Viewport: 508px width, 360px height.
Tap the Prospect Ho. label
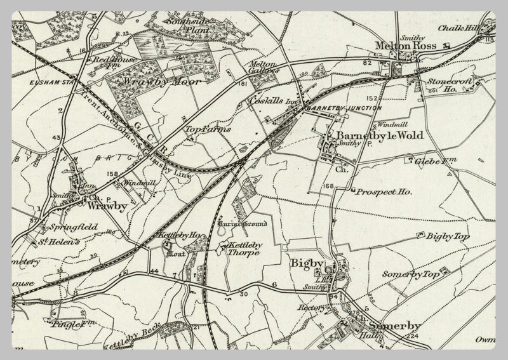click(x=384, y=191)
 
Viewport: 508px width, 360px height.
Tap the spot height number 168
click(x=328, y=186)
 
